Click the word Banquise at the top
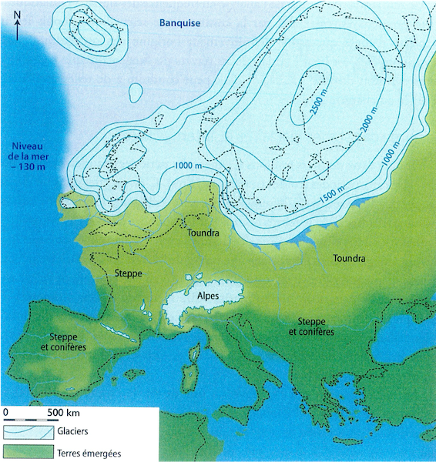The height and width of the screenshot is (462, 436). coord(179,23)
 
